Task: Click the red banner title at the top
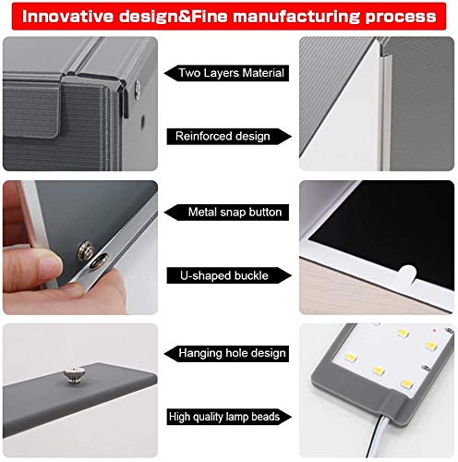pyautogui.click(x=229, y=17)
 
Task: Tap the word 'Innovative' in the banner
pyautogui.click(x=67, y=17)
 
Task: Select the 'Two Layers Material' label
pyautogui.click(x=231, y=73)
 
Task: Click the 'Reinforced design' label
pyautogui.click(x=223, y=136)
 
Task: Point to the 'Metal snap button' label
pyautogui.click(x=235, y=212)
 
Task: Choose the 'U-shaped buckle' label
pyautogui.click(x=224, y=275)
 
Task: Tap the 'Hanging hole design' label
pyautogui.click(x=232, y=353)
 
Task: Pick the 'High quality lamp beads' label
pyautogui.click(x=224, y=417)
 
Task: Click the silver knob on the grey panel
pyautogui.click(x=74, y=375)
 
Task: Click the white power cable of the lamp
pyautogui.click(x=377, y=437)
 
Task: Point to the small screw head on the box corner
pyautogui.click(x=138, y=90)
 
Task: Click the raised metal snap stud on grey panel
pyautogui.click(x=85, y=251)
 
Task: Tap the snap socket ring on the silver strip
pyautogui.click(x=99, y=261)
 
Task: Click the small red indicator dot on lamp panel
pyautogui.click(x=434, y=331)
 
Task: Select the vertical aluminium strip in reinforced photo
pyautogui.click(x=383, y=104)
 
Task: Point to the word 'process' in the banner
pyautogui.click(x=401, y=17)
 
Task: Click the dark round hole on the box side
pyautogui.click(x=142, y=122)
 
